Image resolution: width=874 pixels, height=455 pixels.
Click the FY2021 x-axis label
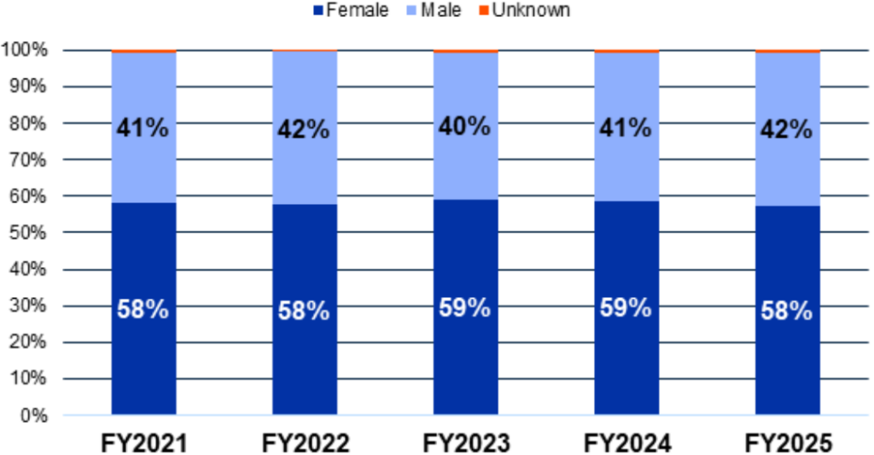tap(143, 441)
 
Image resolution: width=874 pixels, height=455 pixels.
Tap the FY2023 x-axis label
tap(466, 441)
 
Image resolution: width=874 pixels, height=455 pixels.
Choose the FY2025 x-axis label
tap(788, 441)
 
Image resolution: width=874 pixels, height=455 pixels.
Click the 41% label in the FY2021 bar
tap(143, 129)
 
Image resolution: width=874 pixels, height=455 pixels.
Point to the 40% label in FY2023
tap(466, 126)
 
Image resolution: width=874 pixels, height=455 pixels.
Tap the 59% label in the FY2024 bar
tap(626, 307)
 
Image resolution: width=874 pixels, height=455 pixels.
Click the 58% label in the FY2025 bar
tap(788, 311)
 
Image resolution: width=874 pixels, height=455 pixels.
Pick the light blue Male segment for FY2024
tap(626, 171)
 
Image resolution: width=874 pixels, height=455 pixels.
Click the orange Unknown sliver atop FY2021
tap(143, 51)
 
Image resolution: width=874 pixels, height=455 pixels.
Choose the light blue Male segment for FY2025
tap(788, 171)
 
